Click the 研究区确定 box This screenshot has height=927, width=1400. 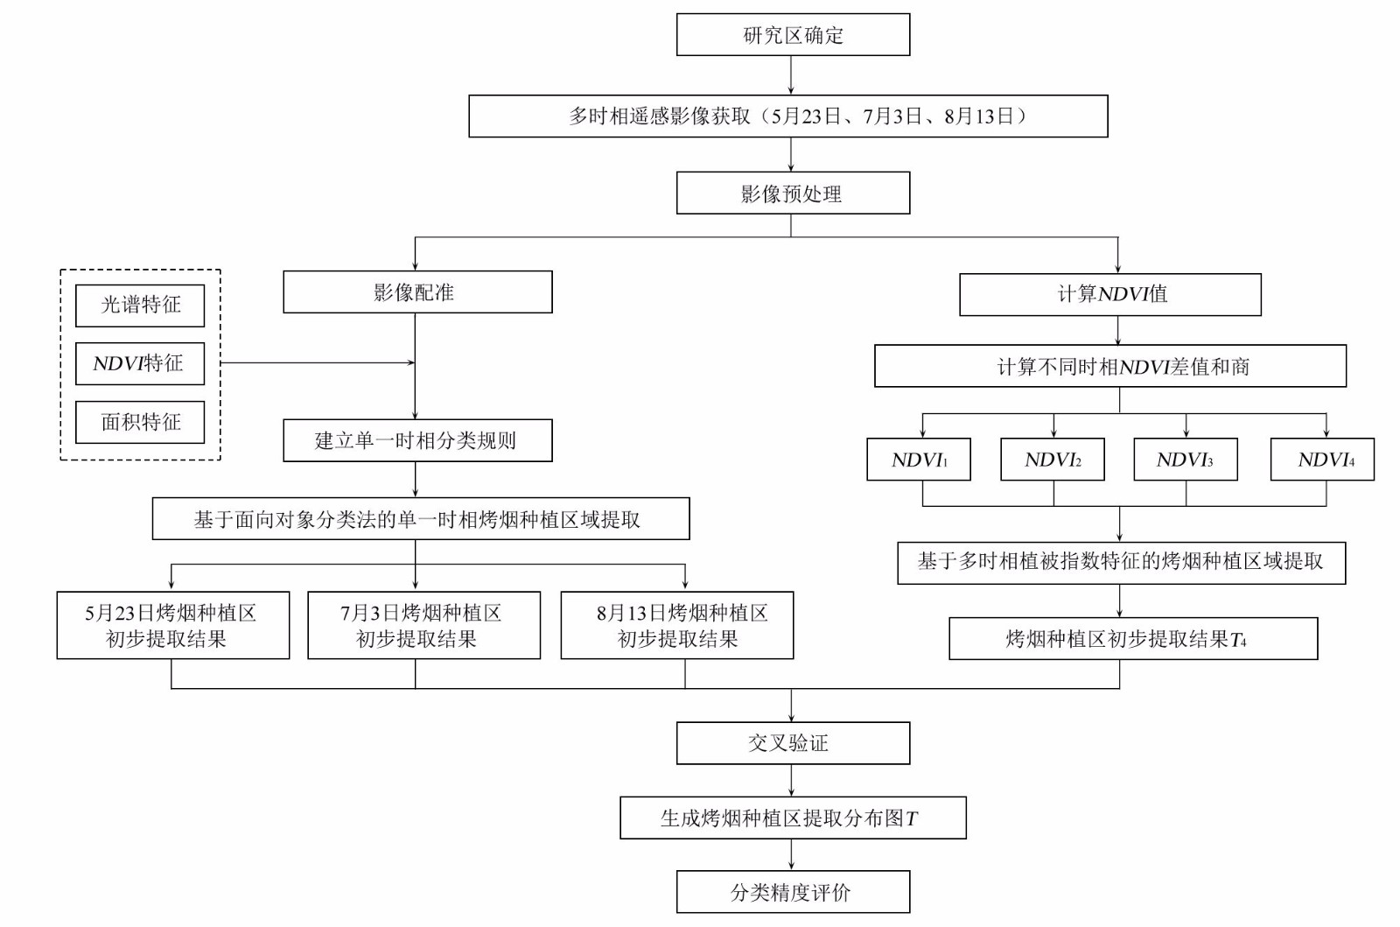point(793,34)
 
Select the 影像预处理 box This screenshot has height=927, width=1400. point(793,193)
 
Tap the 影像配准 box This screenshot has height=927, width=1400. point(417,291)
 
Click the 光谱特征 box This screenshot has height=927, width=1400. point(140,305)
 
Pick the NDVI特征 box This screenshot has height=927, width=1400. point(140,363)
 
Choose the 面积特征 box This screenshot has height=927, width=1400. point(140,422)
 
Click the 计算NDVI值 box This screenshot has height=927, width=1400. point(1110,294)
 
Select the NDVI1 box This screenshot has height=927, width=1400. point(919,460)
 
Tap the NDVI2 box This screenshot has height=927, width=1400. point(1053,460)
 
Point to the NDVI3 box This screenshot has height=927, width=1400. point(1186,460)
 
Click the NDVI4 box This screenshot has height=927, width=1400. point(1322,460)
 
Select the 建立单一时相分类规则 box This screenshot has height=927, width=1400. point(417,440)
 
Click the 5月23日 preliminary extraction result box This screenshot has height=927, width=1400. point(173,625)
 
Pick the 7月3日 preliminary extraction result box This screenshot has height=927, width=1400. point(423,625)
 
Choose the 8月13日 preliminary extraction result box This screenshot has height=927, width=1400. point(677,625)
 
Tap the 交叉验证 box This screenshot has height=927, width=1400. point(793,743)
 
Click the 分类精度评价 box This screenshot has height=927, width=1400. point(793,892)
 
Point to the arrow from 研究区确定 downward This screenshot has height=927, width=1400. point(791,75)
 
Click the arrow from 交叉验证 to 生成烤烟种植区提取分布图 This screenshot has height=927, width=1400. point(791,780)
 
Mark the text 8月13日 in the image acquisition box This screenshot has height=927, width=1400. point(978,116)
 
